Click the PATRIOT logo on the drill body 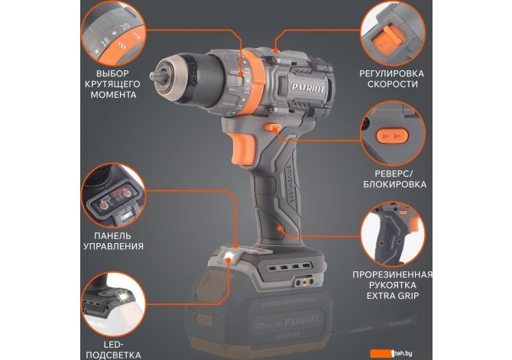pos(308,88)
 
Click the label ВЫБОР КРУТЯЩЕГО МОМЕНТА pos(112,84)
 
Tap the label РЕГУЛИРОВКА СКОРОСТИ pos(392,79)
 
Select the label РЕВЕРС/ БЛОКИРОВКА pos(394,179)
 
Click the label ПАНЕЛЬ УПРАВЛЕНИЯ pos(113,241)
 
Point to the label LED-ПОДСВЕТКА pos(113,349)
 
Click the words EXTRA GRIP pos(393,296)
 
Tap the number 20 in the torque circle pos(125,27)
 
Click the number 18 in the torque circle pos(105,41)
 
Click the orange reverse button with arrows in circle pos(392,136)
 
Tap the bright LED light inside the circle pos(124,296)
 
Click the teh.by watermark pos(391,353)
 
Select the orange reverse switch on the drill pos(273,127)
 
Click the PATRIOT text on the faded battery pos(301,321)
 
